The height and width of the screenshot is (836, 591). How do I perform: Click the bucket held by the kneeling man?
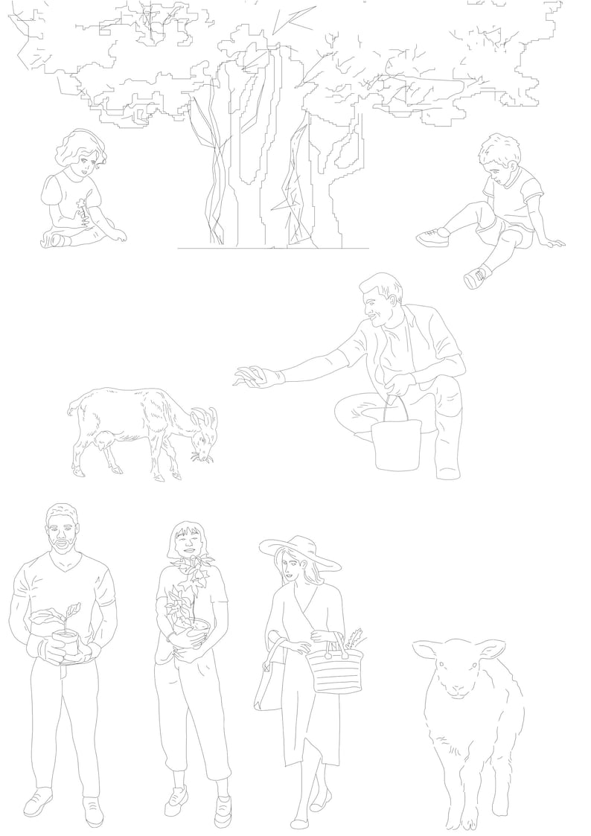point(397,445)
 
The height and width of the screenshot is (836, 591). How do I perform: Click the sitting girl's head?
point(79,153)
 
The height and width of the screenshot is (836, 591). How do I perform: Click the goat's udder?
point(106,441)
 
